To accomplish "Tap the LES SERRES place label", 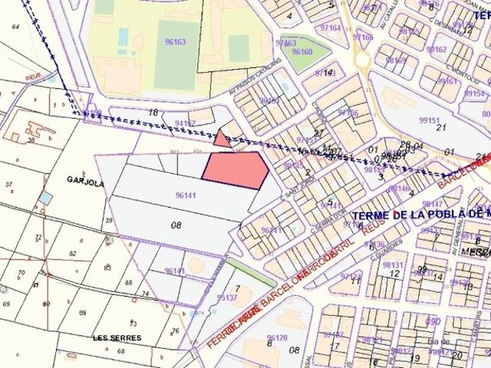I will point(110,337).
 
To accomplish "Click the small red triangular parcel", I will point(221,139).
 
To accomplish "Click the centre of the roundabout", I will point(360,58).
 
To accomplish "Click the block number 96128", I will point(277,337).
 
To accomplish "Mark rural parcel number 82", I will point(73,253).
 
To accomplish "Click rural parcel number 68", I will point(120,350).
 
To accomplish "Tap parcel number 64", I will point(15,27).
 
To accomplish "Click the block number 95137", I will point(227,297).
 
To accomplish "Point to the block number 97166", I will point(348,113).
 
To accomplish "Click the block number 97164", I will point(331,28).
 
